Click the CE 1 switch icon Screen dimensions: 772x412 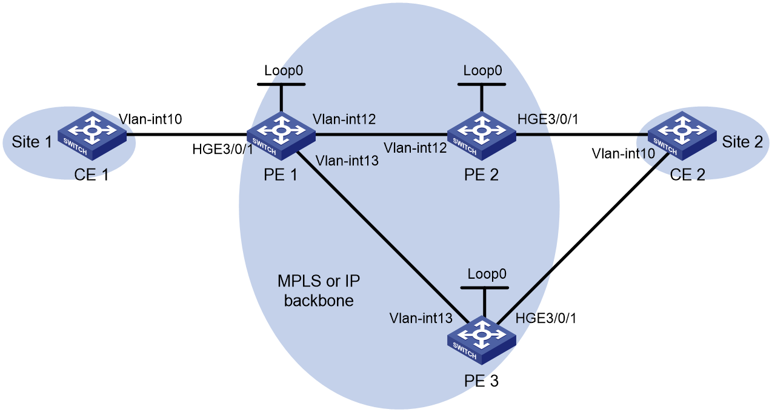pos(92,135)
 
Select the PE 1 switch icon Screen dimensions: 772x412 pos(281,135)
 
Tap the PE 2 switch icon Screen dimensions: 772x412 pos(482,135)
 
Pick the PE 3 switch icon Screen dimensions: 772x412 pos(482,340)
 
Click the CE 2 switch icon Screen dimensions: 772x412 pos(682,135)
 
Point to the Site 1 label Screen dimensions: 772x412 pos(32,142)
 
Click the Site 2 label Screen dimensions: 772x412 pos(742,142)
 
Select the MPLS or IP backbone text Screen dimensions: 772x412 pos(319,291)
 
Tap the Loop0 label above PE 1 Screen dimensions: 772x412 pos(284,70)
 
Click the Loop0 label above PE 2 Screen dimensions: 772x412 pos(482,70)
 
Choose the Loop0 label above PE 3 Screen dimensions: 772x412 pos(487,274)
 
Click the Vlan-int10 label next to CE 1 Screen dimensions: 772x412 pos(150,119)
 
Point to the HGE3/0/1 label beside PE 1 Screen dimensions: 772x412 pos(222,149)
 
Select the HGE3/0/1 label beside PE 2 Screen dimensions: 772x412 pos(548,119)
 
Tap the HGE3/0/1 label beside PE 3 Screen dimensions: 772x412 pos(546,318)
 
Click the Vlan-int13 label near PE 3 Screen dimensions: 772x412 pos(421,318)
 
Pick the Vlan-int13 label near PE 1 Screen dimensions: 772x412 pos(347,161)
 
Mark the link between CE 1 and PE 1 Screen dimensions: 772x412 pos(187,135)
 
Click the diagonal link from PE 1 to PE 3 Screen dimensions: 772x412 pos(382,238)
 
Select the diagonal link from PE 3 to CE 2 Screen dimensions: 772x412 pos(582,238)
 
